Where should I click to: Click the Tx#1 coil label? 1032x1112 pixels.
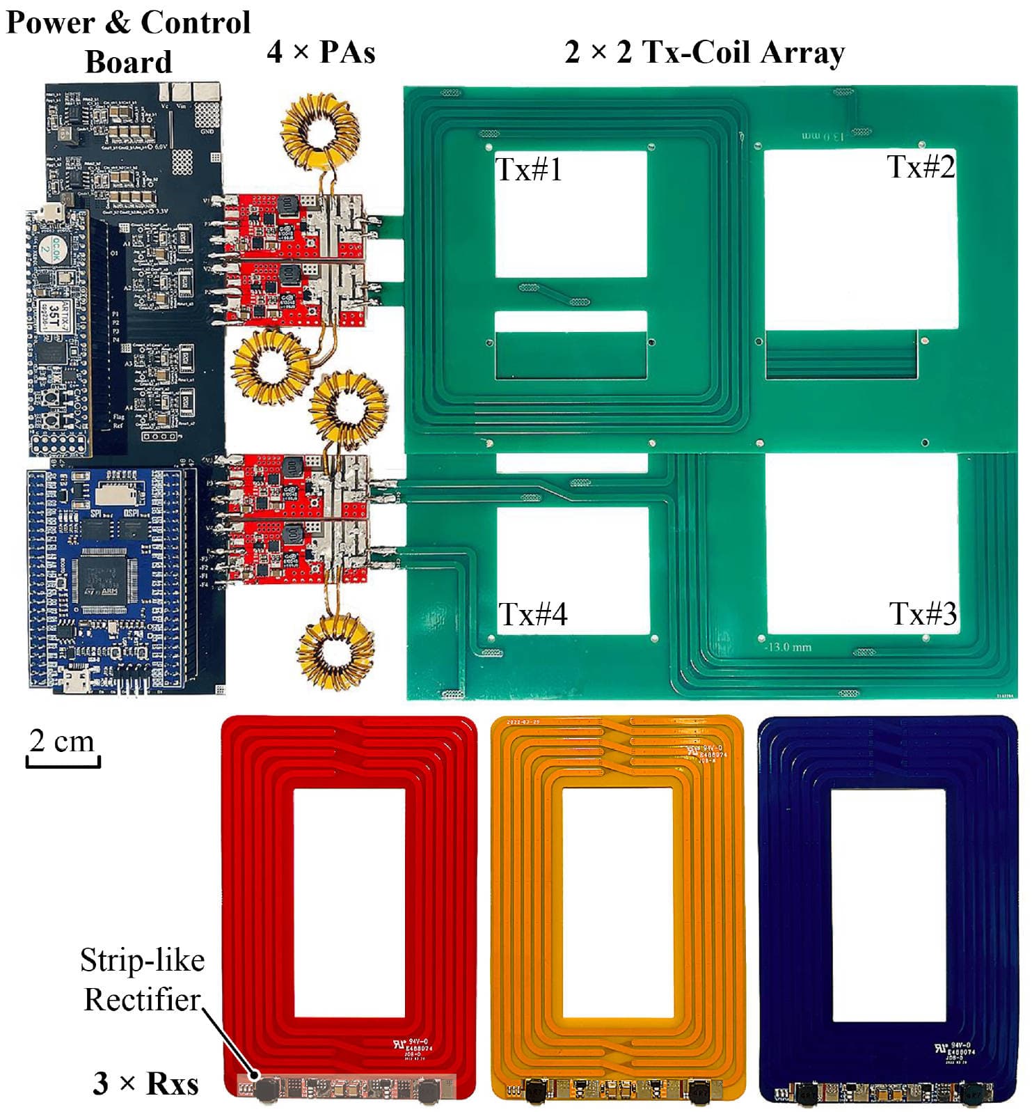click(528, 169)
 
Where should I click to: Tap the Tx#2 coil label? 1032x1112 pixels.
click(920, 167)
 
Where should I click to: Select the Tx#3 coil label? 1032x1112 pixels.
click(922, 613)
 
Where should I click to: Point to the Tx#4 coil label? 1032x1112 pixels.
click(532, 614)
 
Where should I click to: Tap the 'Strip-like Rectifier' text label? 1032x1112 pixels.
click(142, 979)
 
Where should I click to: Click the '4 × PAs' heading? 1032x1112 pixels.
click(321, 52)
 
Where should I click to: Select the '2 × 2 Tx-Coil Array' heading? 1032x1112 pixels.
click(704, 52)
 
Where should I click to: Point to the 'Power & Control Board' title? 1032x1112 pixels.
click(128, 42)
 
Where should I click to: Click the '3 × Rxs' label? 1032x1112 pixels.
click(145, 1083)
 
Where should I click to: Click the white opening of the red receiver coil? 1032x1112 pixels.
click(349, 902)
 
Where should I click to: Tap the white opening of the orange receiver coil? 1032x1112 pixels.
click(617, 902)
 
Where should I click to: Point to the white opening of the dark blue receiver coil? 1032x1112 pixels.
click(888, 905)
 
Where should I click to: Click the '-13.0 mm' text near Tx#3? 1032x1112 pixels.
click(788, 647)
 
